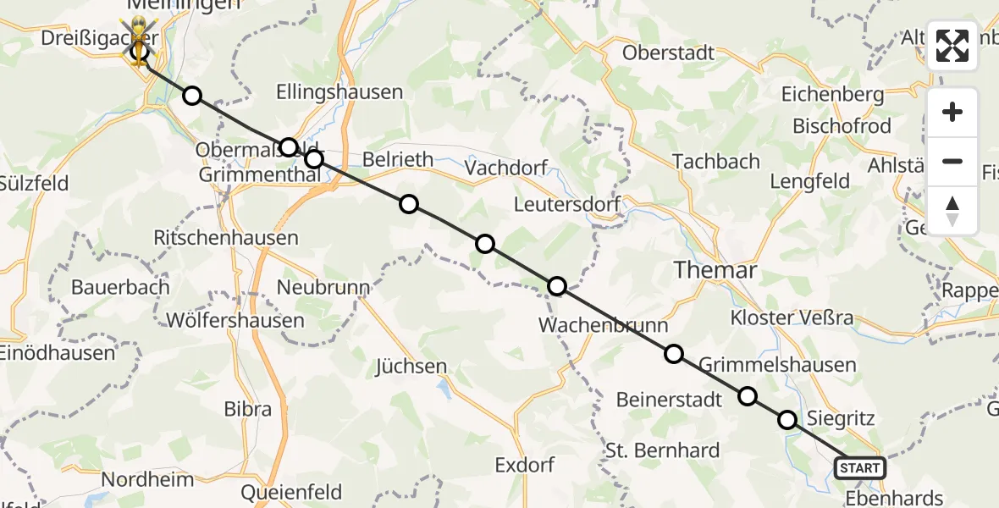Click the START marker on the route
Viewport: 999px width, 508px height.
[x=860, y=467]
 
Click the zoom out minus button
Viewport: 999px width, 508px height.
[x=952, y=161]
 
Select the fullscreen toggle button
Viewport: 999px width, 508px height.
[x=952, y=46]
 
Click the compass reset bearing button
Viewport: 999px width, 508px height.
[x=952, y=211]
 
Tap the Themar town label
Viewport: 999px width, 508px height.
[x=715, y=270]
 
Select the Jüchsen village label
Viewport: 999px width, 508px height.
[x=411, y=367]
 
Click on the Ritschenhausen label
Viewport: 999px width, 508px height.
[x=225, y=238]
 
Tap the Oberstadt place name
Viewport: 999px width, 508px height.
[x=668, y=52]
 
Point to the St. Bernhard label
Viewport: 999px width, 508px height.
[x=663, y=450]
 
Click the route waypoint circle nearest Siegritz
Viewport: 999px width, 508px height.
[x=787, y=420]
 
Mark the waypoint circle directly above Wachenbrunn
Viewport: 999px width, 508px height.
[x=557, y=286]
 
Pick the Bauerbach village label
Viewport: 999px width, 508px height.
[x=120, y=286]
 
